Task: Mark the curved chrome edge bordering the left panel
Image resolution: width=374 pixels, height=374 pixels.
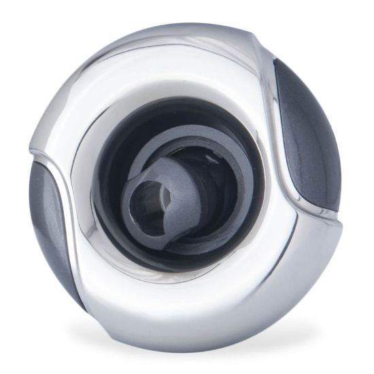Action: click(x=71, y=204)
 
